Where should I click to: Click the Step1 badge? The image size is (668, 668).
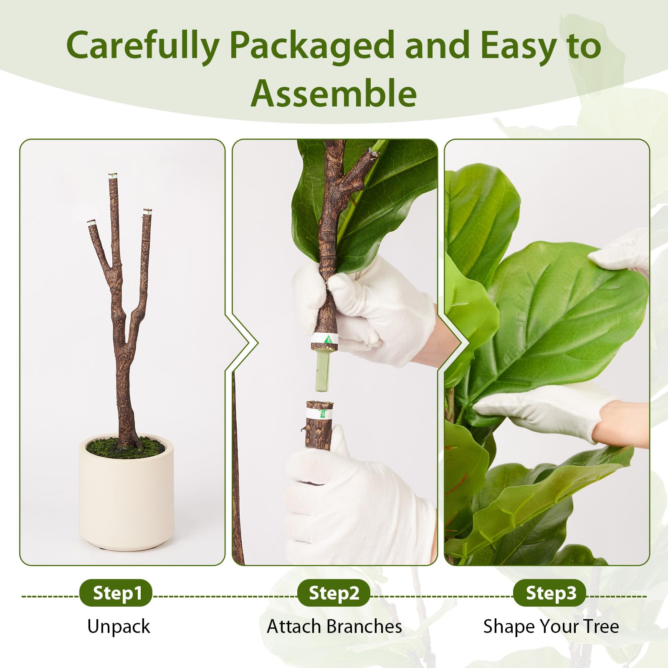116,593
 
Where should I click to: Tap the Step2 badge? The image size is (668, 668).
334,593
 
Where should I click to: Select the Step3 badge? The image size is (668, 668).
550,593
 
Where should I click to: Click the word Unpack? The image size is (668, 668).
119,627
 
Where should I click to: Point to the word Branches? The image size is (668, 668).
364,627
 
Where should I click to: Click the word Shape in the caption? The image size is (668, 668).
509,627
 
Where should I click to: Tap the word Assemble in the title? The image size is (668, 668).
334,93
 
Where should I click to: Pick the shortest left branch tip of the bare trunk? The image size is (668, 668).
91,224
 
